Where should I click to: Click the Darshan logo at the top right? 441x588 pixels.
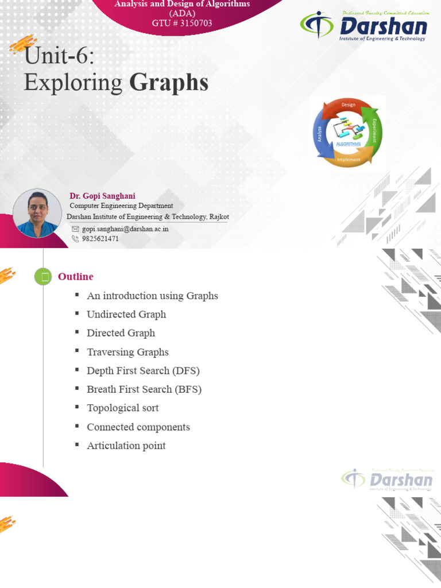coord(364,26)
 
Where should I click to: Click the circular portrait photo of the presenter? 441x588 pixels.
coord(37,214)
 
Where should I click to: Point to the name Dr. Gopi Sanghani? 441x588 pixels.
coord(102,196)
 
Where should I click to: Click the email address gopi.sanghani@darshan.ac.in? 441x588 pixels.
coord(125,229)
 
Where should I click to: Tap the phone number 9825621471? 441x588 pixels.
coord(100,239)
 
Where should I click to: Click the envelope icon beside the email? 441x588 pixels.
coord(75,229)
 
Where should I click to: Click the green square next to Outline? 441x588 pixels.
coord(43,277)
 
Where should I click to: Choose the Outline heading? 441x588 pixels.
coord(75,277)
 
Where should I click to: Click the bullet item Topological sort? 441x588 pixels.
coord(122,408)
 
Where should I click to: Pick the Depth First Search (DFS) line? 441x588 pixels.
coord(143,370)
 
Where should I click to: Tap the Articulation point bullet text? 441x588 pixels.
coord(126,446)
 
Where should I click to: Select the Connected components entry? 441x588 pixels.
coord(138,427)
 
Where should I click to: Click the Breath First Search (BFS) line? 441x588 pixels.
coord(144,389)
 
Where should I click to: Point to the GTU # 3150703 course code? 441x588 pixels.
coord(182,23)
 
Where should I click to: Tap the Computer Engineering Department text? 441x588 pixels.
coord(121,206)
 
